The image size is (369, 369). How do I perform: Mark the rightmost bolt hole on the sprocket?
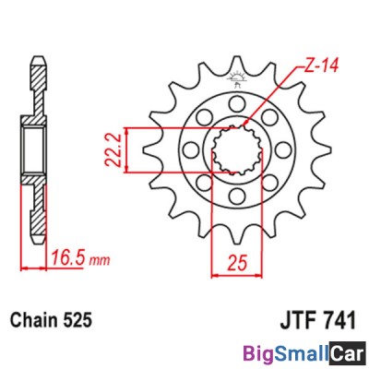(x=280, y=148)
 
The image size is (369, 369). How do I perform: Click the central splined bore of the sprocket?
(x=235, y=149)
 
